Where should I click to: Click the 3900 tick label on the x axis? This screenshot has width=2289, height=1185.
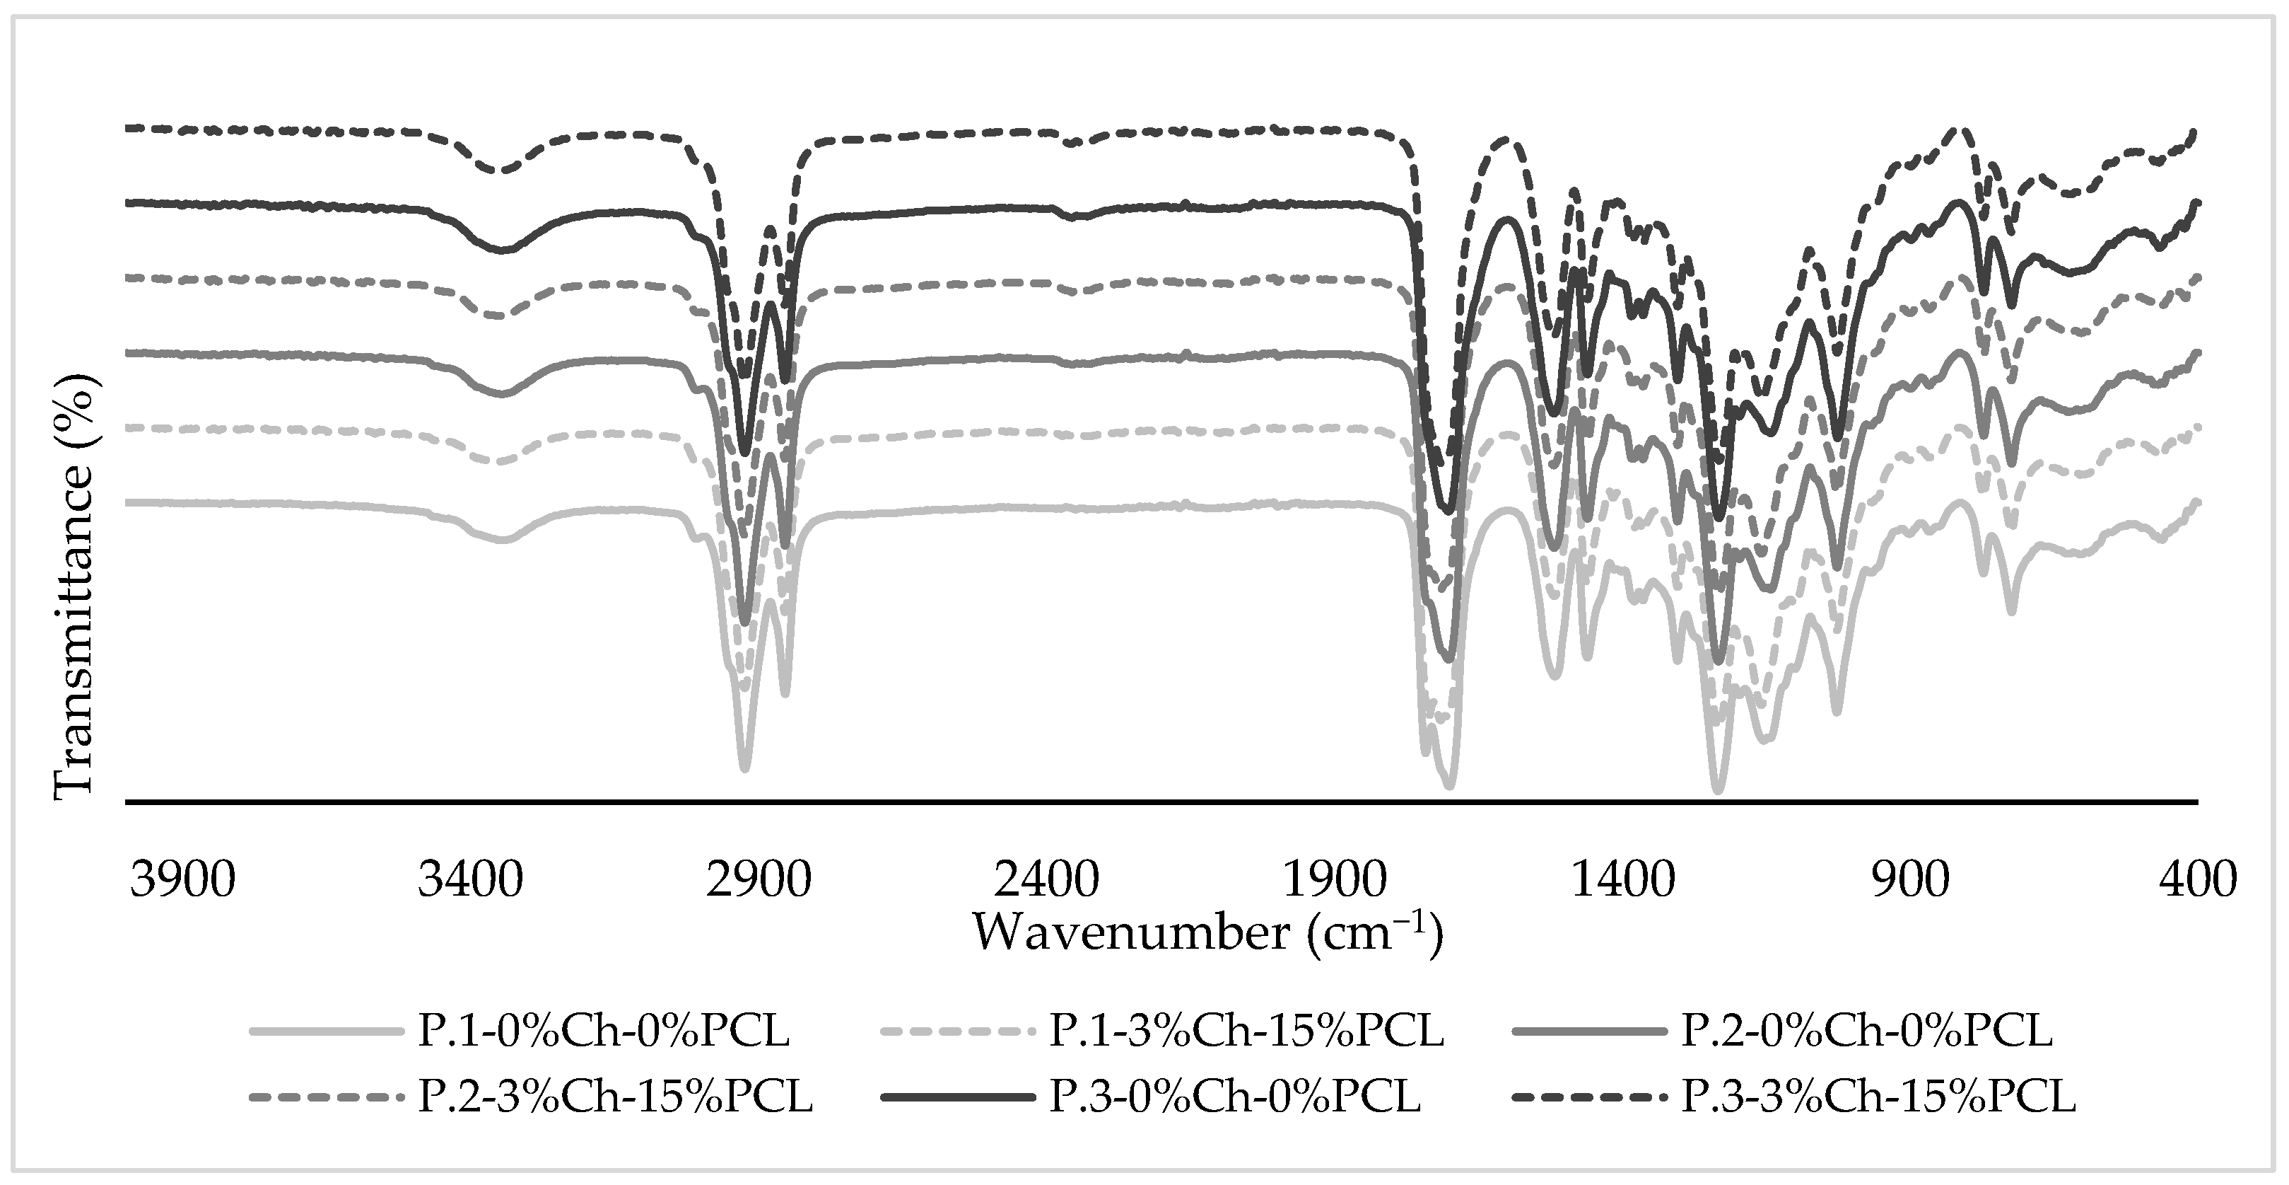[x=183, y=880]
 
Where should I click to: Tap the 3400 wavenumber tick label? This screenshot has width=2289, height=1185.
[x=471, y=880]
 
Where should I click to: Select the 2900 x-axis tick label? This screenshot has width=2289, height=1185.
[x=759, y=880]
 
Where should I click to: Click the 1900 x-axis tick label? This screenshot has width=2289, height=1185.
[x=1335, y=880]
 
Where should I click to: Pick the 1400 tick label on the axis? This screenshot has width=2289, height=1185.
[x=1622, y=880]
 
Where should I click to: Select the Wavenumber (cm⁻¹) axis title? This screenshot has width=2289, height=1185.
[x=1209, y=932]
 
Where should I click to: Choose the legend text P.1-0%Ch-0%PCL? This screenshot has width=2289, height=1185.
[x=603, y=1032]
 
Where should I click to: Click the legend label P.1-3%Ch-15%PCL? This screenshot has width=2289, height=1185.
[x=1247, y=1032]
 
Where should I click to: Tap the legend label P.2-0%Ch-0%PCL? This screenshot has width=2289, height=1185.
[x=1867, y=1032]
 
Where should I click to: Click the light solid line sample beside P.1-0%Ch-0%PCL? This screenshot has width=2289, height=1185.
[x=324, y=1033]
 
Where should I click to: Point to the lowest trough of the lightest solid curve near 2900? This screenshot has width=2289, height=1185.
[x=744, y=769]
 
